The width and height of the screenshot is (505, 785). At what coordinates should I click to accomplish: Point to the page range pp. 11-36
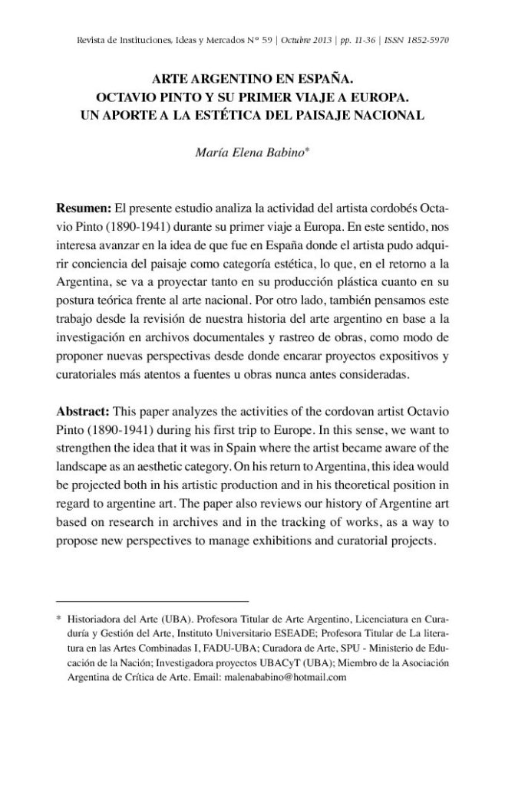[358, 40]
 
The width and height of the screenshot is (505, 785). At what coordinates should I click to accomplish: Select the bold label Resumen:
[84, 209]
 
